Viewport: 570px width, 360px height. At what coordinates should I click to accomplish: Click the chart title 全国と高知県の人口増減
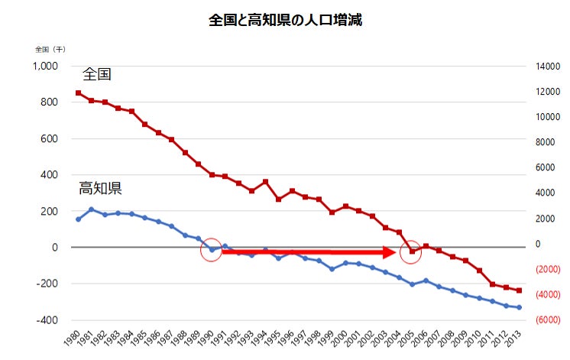click(x=284, y=21)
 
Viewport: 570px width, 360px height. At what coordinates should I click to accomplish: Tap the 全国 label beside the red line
click(x=97, y=75)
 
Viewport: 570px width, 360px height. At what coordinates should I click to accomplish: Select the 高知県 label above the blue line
click(x=101, y=188)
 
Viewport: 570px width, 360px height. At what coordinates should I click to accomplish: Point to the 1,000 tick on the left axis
click(x=45, y=66)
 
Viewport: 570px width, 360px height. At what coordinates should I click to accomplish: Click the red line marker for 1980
click(x=78, y=93)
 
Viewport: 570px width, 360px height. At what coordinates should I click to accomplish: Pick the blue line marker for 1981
click(x=91, y=209)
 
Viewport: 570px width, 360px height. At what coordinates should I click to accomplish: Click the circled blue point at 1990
click(x=212, y=250)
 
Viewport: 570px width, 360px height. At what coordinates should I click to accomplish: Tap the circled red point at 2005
click(x=412, y=251)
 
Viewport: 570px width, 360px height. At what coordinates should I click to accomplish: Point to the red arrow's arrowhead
click(x=390, y=251)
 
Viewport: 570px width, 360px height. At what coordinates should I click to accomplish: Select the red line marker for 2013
click(x=519, y=290)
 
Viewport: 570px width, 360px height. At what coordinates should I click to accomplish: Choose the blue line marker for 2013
click(x=519, y=307)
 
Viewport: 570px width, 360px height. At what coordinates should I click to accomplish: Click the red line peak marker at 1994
click(x=265, y=182)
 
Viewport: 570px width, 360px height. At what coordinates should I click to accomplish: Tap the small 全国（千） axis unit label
click(x=50, y=49)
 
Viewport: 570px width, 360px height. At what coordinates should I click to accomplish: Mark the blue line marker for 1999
click(x=332, y=269)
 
